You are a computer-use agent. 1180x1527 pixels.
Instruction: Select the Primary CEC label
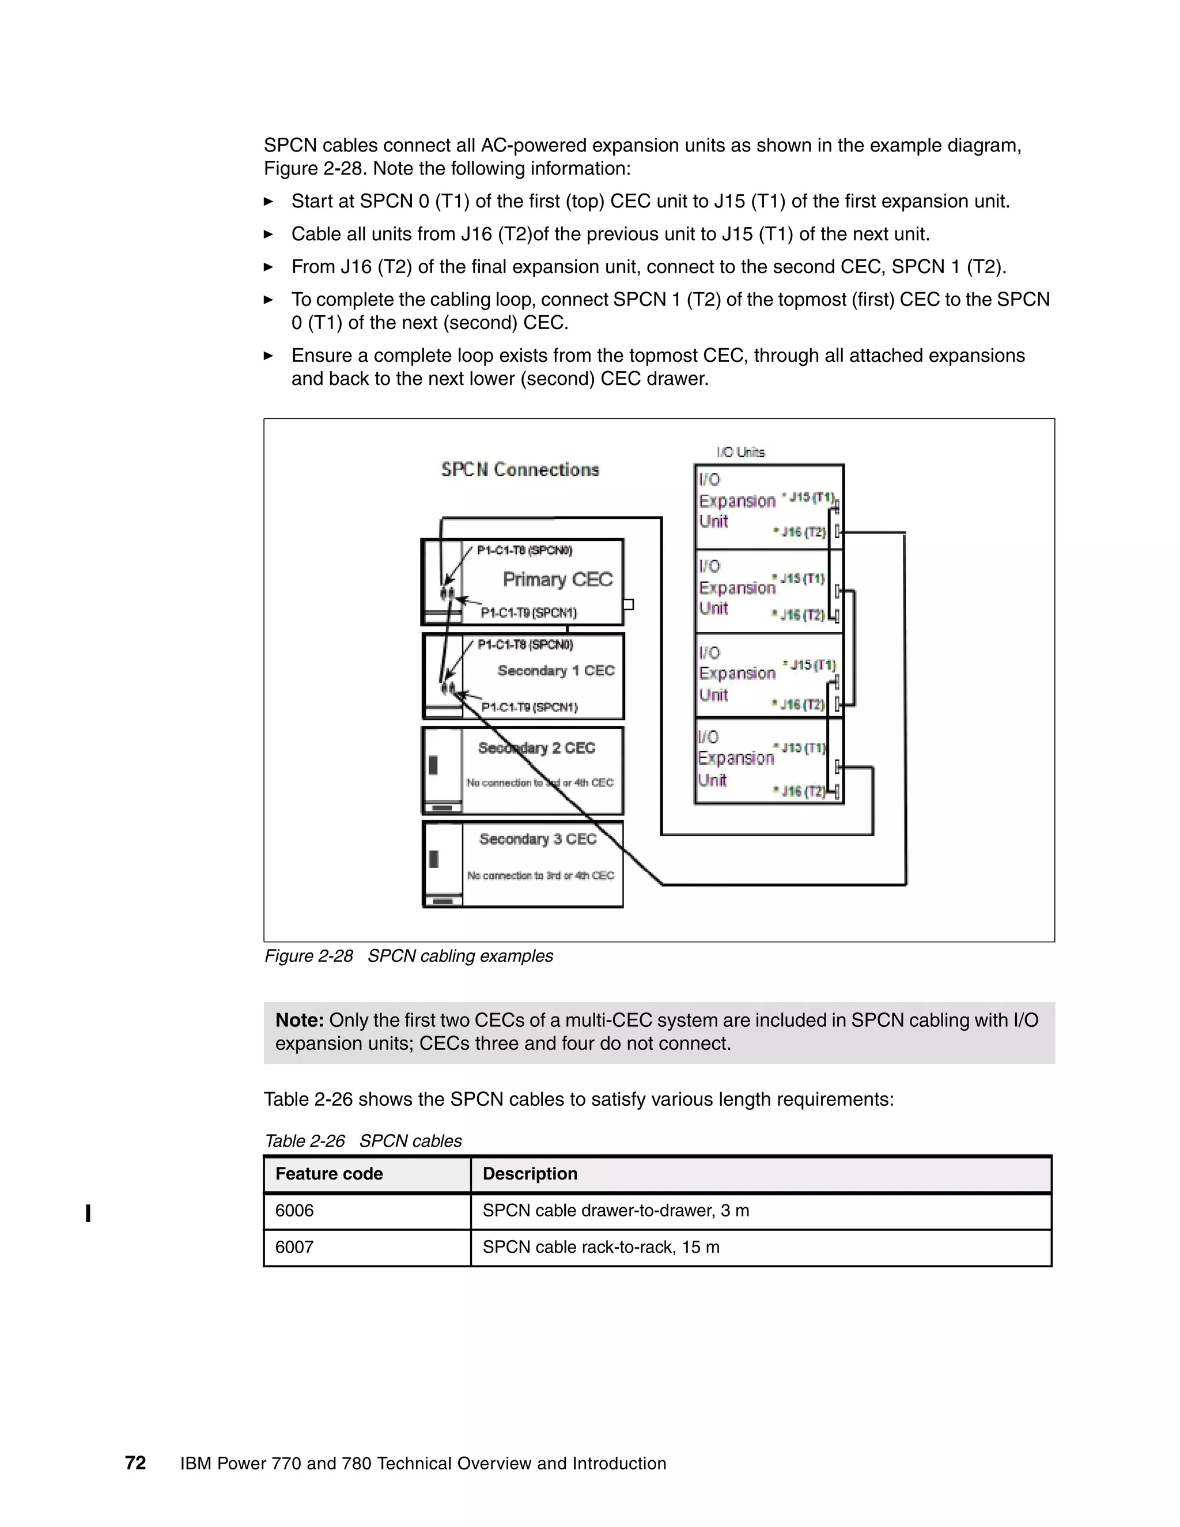tap(557, 579)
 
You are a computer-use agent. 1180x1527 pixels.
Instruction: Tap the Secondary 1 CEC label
tap(556, 671)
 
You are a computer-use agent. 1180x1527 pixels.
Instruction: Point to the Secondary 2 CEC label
tap(536, 748)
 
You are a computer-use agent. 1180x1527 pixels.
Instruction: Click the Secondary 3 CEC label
tap(538, 839)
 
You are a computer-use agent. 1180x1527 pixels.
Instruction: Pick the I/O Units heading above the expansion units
tap(740, 452)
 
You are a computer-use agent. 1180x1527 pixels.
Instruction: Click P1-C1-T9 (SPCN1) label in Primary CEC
tap(528, 613)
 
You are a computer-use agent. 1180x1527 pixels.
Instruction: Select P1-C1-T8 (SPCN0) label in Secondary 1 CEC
tap(525, 645)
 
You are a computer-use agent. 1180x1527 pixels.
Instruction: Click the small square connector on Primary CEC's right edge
tap(628, 604)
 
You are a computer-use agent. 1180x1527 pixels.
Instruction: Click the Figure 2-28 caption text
tap(409, 956)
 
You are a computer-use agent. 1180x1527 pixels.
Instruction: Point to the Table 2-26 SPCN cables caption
tap(363, 1141)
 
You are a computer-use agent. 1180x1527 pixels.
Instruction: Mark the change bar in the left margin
tap(88, 1213)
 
